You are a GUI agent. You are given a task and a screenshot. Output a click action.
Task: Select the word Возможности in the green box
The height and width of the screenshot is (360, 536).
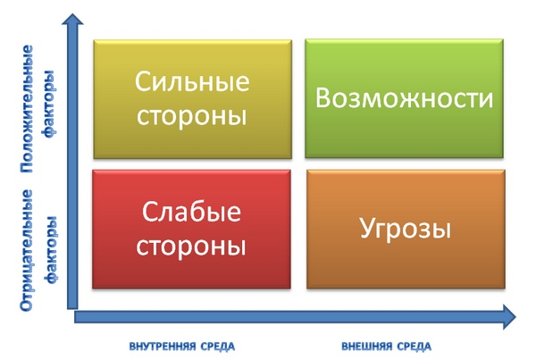(x=405, y=98)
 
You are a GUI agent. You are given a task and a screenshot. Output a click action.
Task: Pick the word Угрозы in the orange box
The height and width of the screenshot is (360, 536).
(x=405, y=229)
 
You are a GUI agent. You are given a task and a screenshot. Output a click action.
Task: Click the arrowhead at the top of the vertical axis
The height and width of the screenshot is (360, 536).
(x=74, y=20)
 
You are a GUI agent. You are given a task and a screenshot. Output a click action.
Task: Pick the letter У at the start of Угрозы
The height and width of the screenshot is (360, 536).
(x=367, y=230)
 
